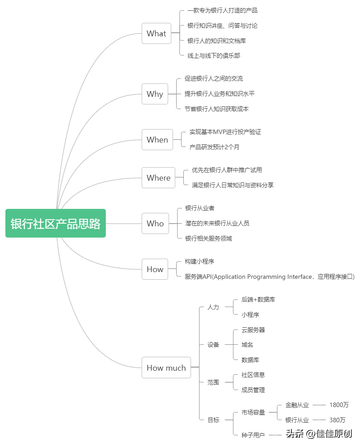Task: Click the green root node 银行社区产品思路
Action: pyautogui.click(x=56, y=223)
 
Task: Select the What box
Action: pyautogui.click(x=156, y=34)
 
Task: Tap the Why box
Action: pyautogui.click(x=155, y=94)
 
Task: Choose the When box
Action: pyautogui.click(x=157, y=140)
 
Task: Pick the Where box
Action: pyautogui.click(x=159, y=178)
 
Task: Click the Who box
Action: pyautogui.click(x=156, y=224)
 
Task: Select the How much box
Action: pyautogui.click(x=166, y=368)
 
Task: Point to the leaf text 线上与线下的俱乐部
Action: pyautogui.click(x=214, y=56)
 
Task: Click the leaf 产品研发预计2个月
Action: pyautogui.click(x=214, y=147)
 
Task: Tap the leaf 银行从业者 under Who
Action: pyautogui.click(x=200, y=208)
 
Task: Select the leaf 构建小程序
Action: pyautogui.click(x=199, y=261)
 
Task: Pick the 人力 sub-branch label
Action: pyautogui.click(x=213, y=307)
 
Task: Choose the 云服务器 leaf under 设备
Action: pyautogui.click(x=253, y=330)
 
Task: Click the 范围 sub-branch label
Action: pyautogui.click(x=213, y=382)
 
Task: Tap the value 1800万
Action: pyautogui.click(x=339, y=405)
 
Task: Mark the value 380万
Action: pyautogui.click(x=337, y=420)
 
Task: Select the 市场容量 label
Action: pyautogui.click(x=253, y=412)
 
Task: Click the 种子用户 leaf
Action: pyautogui.click(x=253, y=435)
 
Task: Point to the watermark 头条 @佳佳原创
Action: pyautogui.click(x=319, y=434)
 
